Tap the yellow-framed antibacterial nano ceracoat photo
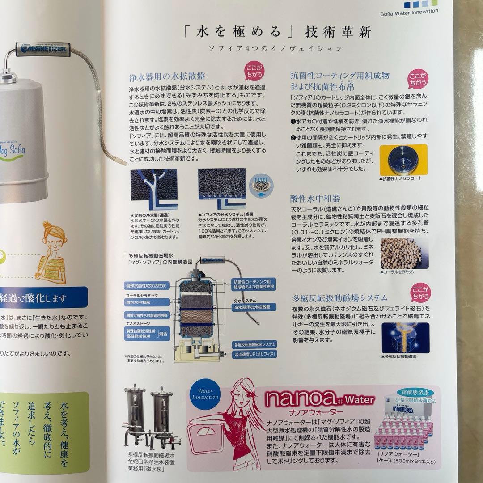click(x=403, y=160)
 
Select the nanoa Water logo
click(x=318, y=399)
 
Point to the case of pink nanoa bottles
click(x=405, y=431)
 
